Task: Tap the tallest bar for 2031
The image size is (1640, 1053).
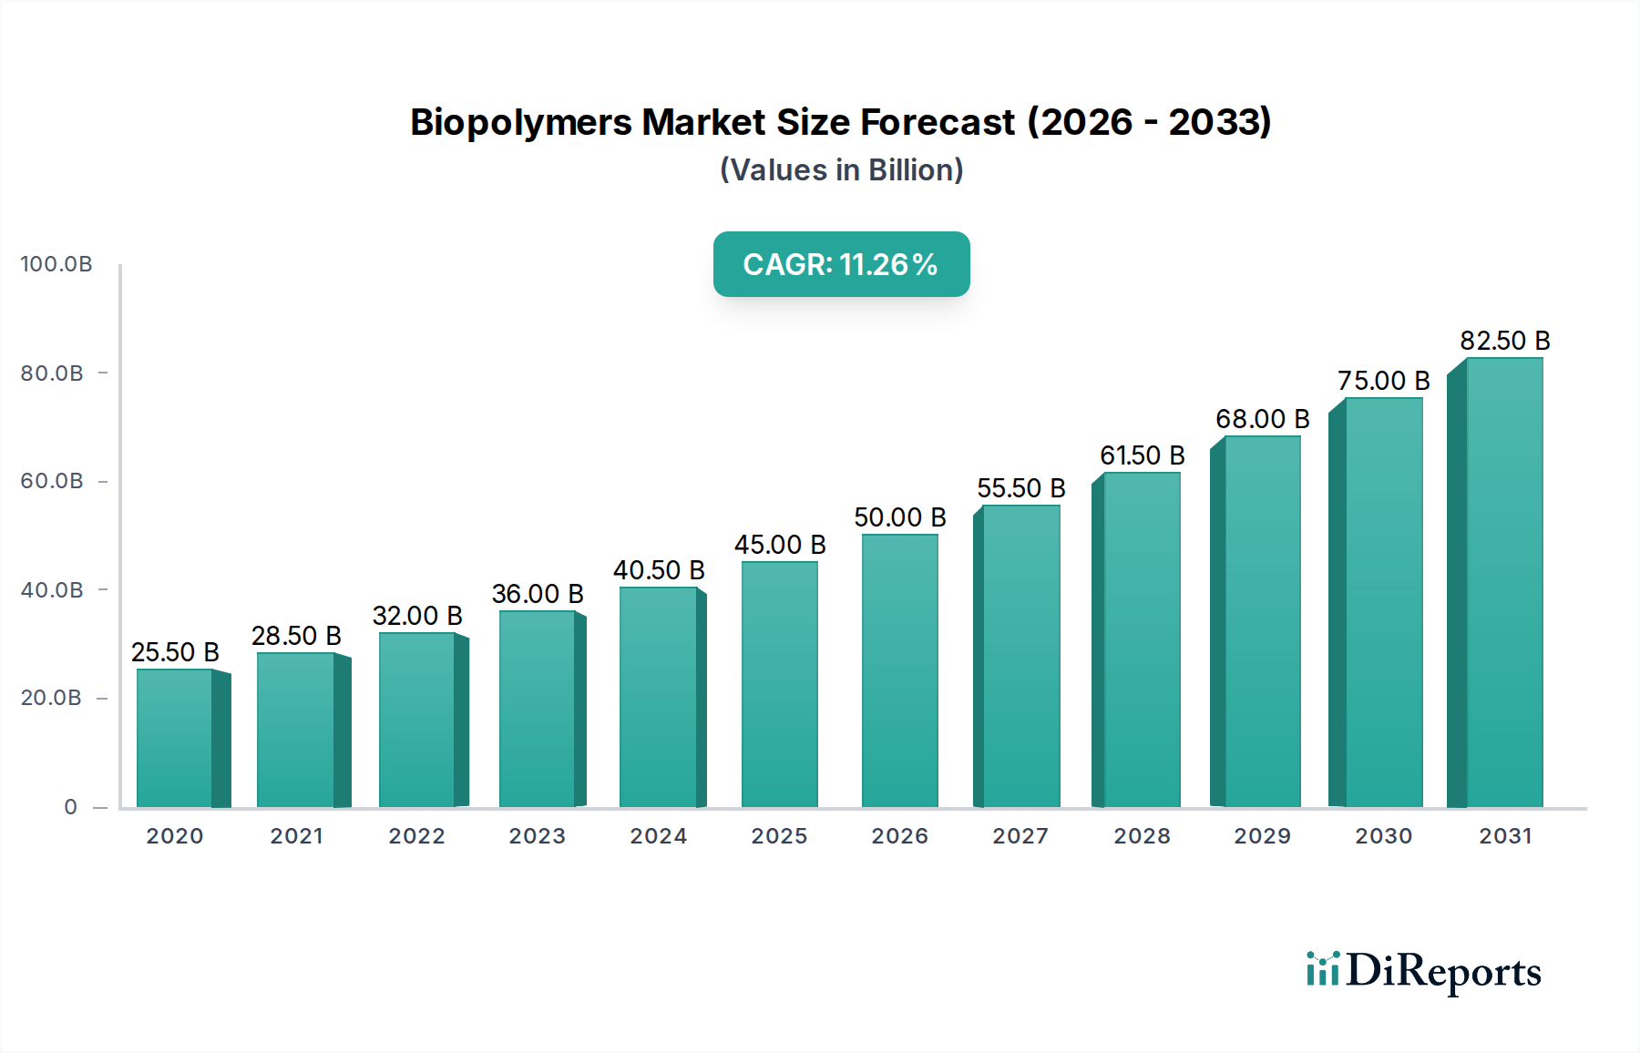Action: click(x=1503, y=583)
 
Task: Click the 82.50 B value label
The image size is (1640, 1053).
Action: click(x=1504, y=341)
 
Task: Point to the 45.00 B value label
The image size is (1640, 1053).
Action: click(x=780, y=545)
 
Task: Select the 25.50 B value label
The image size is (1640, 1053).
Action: click(x=175, y=652)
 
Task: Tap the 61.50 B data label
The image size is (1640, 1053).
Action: click(x=1142, y=455)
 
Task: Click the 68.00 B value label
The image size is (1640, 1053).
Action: click(x=1262, y=419)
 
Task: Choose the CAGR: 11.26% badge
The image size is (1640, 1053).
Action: click(x=841, y=264)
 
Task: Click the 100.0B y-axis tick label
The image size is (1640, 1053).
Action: click(x=56, y=264)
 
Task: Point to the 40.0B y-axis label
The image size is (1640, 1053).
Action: click(x=52, y=590)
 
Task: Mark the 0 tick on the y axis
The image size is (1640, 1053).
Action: click(x=71, y=807)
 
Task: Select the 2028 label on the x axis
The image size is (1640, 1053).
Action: click(x=1142, y=836)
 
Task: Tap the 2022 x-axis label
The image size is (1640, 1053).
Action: click(x=417, y=836)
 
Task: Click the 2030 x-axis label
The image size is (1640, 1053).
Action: click(x=1383, y=836)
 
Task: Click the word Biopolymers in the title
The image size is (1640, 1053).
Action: click(x=520, y=123)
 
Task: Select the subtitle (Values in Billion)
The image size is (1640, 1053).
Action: click(x=841, y=170)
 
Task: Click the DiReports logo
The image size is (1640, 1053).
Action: click(x=1423, y=971)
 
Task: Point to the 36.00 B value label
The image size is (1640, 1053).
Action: click(x=538, y=594)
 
